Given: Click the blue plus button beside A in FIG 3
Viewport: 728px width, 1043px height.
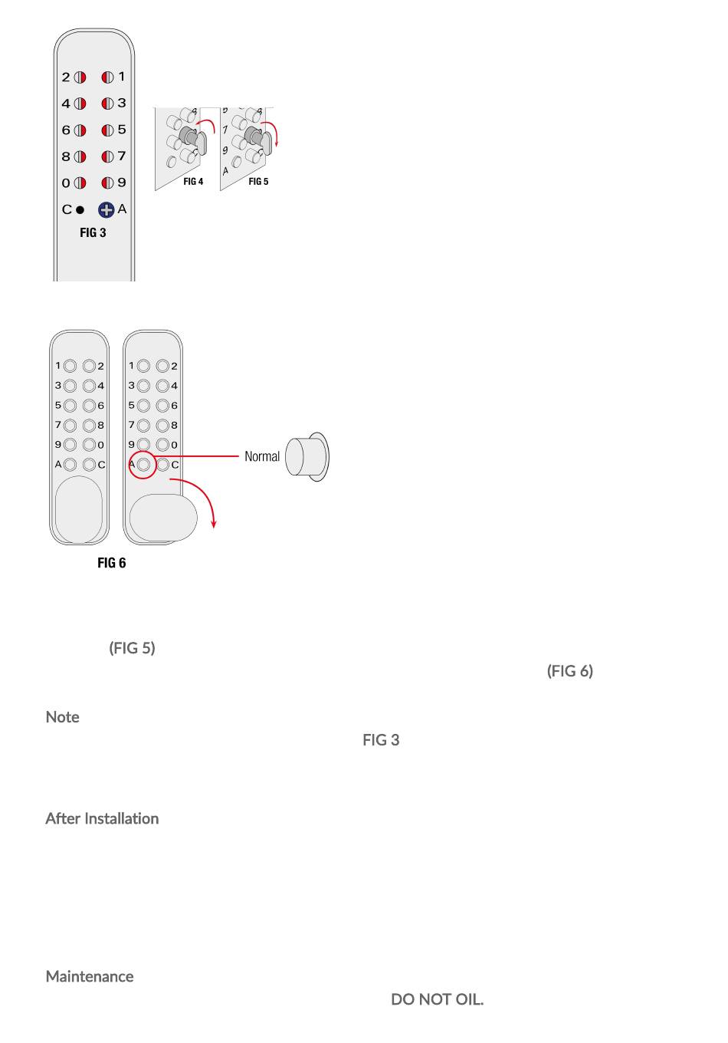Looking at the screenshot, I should (x=106, y=209).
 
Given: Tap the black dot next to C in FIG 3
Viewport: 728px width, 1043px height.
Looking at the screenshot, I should (x=80, y=209).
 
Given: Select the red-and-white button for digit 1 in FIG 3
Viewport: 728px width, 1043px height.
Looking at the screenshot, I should (x=107, y=77).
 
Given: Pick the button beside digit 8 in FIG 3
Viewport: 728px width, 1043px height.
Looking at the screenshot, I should (x=80, y=157).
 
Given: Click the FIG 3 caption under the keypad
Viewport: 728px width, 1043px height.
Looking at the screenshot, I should (x=93, y=232).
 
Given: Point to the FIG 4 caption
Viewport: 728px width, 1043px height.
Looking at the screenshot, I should (x=193, y=182).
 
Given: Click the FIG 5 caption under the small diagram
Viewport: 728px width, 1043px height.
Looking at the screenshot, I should (x=258, y=182).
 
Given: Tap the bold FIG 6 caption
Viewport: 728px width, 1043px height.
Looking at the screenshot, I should (x=111, y=563).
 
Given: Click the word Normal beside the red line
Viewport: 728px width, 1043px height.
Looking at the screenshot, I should (x=262, y=456).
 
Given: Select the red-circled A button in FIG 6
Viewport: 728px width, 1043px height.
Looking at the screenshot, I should (x=143, y=465).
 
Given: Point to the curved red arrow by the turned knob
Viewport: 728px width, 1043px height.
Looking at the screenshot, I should (x=203, y=498).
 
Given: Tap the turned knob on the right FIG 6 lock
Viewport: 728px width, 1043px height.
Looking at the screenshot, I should (x=162, y=518).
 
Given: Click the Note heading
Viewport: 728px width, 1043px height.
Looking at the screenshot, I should (x=62, y=717).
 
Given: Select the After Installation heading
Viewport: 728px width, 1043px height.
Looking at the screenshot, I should (x=102, y=818).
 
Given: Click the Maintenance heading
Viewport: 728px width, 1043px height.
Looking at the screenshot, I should (x=89, y=976).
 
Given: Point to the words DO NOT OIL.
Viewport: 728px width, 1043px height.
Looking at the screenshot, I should (x=437, y=999).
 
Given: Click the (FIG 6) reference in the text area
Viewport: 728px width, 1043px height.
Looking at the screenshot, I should (x=569, y=671).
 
